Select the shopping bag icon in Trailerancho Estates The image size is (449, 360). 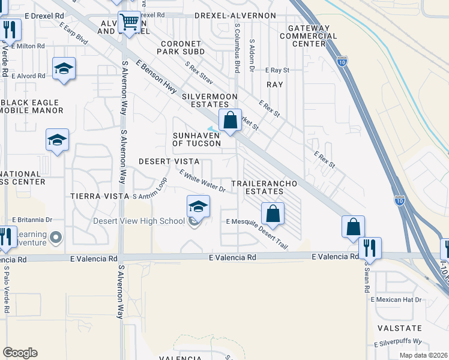point(273,214)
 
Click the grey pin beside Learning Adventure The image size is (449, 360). point(56,239)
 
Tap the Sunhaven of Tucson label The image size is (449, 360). point(196,139)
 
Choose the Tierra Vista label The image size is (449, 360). point(100,196)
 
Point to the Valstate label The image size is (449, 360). point(400,328)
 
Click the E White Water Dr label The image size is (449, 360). point(202,181)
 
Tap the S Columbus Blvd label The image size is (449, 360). point(238,48)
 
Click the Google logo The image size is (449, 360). point(20,353)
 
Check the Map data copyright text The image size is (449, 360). point(423,355)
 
